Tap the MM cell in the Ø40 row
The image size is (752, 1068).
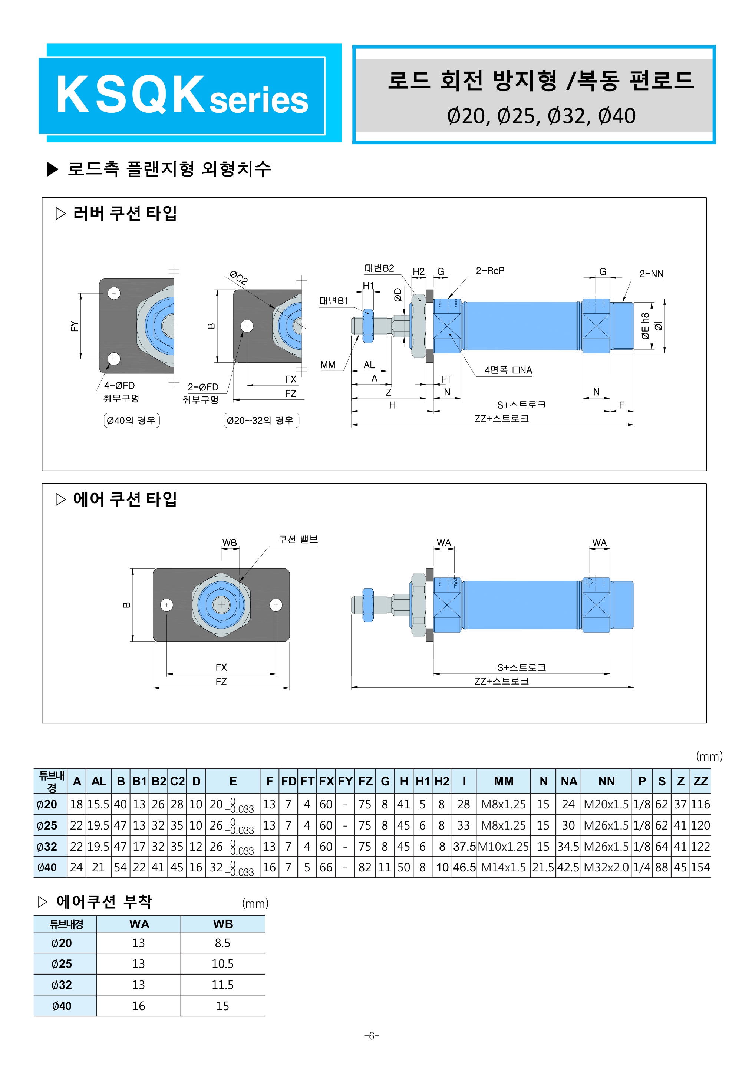coord(503,867)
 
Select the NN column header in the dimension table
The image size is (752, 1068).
coord(606,781)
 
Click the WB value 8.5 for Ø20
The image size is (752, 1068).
coord(222,943)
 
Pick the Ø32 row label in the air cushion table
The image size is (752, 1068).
coord(62,985)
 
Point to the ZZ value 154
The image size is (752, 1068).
coord(700,867)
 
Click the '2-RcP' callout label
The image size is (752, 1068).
coord(490,271)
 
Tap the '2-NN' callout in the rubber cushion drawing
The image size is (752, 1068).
coord(651,274)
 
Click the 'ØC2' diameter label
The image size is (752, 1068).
coord(238,277)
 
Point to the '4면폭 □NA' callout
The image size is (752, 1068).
coord(508,370)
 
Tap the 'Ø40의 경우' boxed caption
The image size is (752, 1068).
coord(131,421)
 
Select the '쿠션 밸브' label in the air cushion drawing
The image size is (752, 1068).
coord(298,540)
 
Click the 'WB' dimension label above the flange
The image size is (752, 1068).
coord(229,543)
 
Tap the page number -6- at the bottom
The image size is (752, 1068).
coord(372,1035)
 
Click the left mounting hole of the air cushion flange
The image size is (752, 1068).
coord(166,605)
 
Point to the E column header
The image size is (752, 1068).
coord(233,781)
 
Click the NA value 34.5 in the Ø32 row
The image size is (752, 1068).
coord(568,846)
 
